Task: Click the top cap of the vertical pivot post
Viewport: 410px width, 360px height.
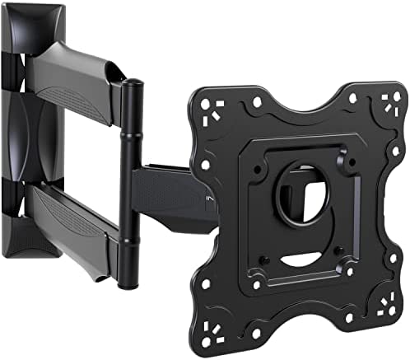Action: (131, 84)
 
